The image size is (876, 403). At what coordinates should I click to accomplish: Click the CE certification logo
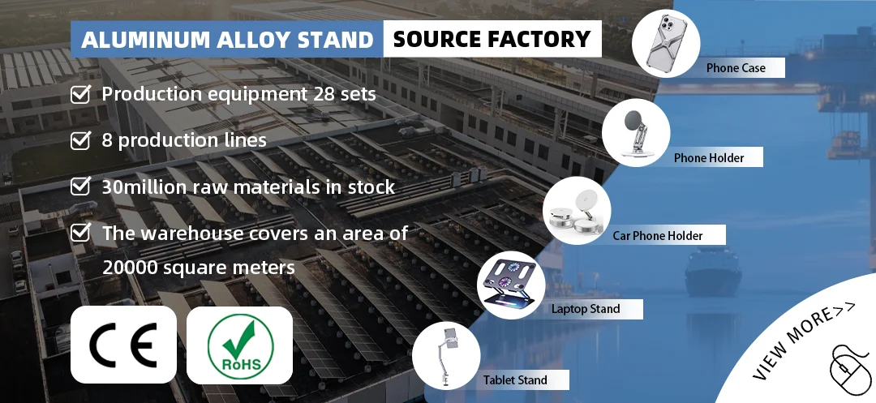click(122, 345)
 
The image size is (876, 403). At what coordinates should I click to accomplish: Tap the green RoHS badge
click(239, 345)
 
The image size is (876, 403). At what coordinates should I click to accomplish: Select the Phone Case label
click(735, 68)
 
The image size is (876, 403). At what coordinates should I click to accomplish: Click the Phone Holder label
click(708, 157)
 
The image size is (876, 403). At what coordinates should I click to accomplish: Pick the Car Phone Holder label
click(657, 236)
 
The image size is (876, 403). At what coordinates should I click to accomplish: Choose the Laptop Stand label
click(585, 308)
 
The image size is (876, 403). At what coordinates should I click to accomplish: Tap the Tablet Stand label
click(515, 379)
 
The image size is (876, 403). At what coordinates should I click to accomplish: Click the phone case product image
click(666, 43)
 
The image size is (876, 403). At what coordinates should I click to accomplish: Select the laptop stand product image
click(510, 285)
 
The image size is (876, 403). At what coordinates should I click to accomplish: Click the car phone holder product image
click(577, 210)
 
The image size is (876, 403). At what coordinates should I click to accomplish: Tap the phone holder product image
click(636, 132)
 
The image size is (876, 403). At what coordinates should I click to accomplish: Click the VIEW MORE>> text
click(803, 344)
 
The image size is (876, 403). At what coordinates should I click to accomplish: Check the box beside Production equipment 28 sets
click(80, 95)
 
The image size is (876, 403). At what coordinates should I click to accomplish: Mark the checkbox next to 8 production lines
click(80, 141)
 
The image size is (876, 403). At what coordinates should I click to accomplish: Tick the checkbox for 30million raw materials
click(80, 187)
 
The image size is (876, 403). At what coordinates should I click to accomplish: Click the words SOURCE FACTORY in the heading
click(492, 39)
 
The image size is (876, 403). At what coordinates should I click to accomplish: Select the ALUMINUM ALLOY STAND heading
click(227, 40)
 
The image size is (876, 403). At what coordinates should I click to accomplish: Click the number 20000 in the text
click(131, 267)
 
